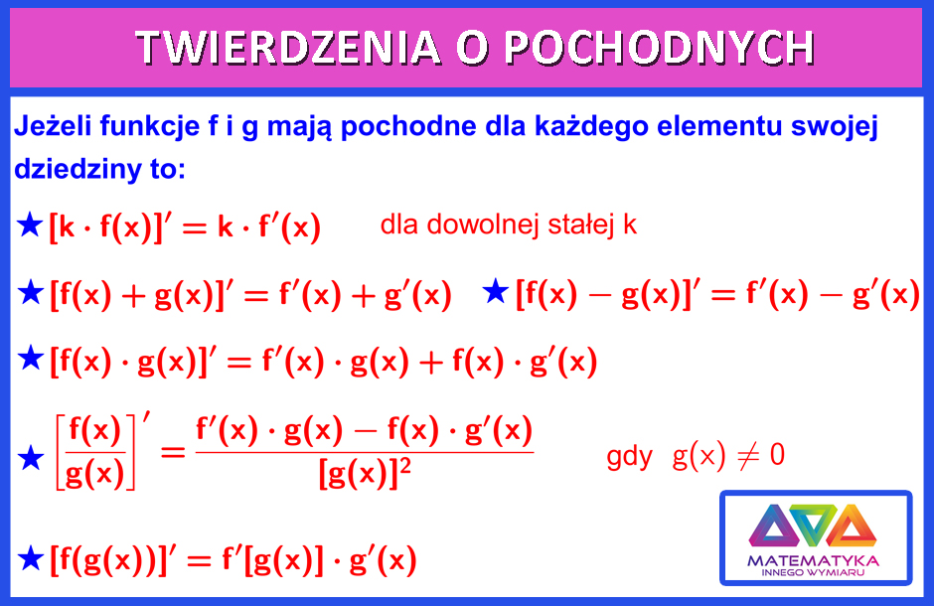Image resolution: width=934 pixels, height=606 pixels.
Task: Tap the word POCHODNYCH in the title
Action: [x=660, y=47]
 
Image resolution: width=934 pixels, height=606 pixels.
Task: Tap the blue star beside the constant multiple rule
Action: [x=30, y=226]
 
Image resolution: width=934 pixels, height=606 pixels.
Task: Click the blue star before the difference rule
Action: [x=496, y=292]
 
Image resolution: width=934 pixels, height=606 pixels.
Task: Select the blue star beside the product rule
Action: [x=31, y=359]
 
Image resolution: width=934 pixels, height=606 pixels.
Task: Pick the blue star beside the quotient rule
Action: [x=31, y=458]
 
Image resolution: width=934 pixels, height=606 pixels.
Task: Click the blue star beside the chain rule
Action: [x=31, y=558]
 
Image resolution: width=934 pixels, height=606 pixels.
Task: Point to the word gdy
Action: [x=630, y=457]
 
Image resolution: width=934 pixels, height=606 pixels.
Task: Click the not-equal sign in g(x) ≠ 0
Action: [x=747, y=457]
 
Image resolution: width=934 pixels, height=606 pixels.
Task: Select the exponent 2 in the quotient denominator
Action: [x=405, y=466]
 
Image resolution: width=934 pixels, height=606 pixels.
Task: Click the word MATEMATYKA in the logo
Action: [x=813, y=560]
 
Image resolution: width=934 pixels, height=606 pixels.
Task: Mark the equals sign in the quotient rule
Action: [x=173, y=453]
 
